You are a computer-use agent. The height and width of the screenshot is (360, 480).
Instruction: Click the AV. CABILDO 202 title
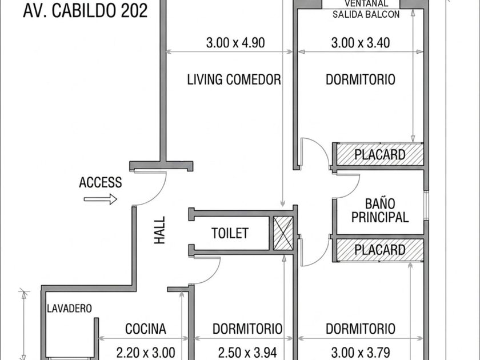[x=85, y=11]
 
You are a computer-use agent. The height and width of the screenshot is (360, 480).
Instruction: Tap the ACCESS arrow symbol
[x=101, y=199]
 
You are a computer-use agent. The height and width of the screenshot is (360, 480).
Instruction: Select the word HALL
[x=159, y=230]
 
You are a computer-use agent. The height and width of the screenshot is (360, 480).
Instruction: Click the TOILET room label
[x=230, y=233]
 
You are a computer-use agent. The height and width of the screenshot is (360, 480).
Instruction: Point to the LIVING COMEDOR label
[x=234, y=79]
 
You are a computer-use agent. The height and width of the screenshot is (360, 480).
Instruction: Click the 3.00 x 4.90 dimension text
[x=235, y=42]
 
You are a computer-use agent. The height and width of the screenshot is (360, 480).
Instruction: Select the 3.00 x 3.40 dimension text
[x=361, y=42]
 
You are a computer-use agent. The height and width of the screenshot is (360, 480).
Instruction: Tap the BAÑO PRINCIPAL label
[x=380, y=210]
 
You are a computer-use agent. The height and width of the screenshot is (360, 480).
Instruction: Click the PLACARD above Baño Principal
[x=380, y=155]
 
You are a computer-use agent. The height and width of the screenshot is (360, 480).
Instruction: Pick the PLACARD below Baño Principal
[x=380, y=250]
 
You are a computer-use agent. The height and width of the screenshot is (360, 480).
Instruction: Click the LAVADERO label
[x=69, y=308]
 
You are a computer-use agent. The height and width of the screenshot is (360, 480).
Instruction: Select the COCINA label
[x=146, y=329]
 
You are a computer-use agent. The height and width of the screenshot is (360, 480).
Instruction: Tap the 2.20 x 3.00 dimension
[x=146, y=353]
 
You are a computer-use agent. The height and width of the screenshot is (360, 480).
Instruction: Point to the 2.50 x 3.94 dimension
[x=247, y=353]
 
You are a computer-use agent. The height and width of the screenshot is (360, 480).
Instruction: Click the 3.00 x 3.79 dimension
[x=361, y=353]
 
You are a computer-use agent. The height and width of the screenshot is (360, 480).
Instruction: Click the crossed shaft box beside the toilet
[x=283, y=233]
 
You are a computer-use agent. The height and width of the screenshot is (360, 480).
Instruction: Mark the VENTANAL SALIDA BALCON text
[x=366, y=9]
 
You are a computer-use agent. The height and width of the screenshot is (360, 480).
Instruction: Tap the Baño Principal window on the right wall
[x=426, y=205]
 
